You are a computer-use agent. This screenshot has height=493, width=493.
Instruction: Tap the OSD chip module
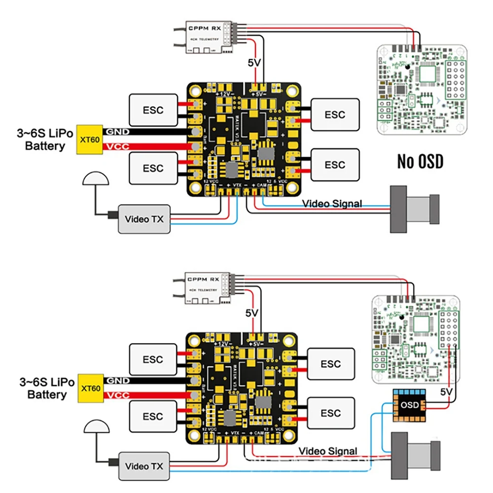coord(410,405)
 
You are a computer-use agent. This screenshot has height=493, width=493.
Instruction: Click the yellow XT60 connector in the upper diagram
coord(89,140)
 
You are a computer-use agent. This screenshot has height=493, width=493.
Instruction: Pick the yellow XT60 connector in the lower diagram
coord(89,388)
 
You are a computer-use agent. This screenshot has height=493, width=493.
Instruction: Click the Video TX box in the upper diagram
coord(143,219)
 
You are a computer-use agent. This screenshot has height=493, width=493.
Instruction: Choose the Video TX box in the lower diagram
coord(143,466)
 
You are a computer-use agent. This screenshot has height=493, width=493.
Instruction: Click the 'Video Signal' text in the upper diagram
coord(332,203)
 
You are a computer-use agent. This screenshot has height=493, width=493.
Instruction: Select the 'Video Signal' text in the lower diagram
coord(328,451)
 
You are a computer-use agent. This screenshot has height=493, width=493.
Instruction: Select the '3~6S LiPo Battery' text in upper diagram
coord(45,140)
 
